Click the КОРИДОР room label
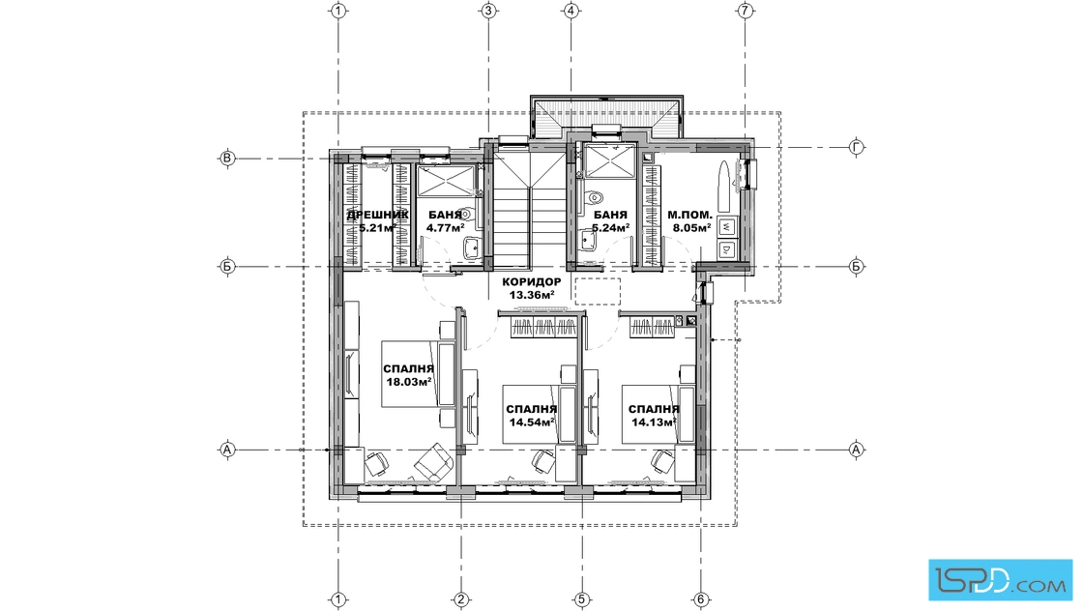pos(532,281)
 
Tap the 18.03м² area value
pos(409,381)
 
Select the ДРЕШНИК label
pos(378,215)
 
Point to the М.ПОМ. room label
pos(689,215)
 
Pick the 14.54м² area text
pos(532,422)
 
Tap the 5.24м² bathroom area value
pos(610,227)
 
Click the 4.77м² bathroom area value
pos(445,227)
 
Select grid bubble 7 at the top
pos(745,11)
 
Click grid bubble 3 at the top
pos(488,11)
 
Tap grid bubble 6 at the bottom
pos(700,599)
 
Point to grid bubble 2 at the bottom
pos(461,599)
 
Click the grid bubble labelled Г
pos(857,147)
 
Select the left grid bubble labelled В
pos(226,159)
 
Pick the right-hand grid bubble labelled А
pos(857,450)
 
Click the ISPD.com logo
pos(1000,580)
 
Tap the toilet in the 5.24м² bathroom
pos(592,199)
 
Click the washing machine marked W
pos(727,226)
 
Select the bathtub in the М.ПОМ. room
pos(723,180)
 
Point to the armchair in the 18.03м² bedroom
pos(431,461)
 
